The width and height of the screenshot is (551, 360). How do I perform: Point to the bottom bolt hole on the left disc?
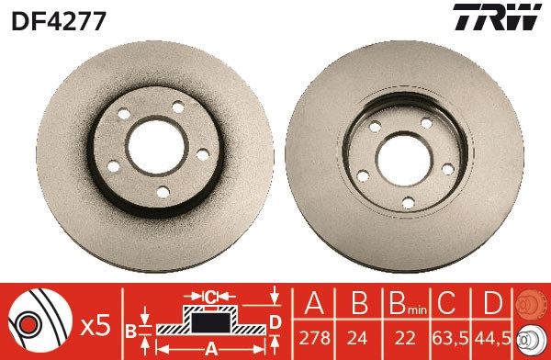pyautogui.click(x=163, y=192)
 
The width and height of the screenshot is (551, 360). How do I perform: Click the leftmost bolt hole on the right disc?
pyautogui.click(x=363, y=174)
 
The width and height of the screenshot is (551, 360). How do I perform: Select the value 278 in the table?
pyautogui.click(x=313, y=341)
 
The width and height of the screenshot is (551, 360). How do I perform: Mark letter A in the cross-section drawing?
pyautogui.click(x=209, y=346)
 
